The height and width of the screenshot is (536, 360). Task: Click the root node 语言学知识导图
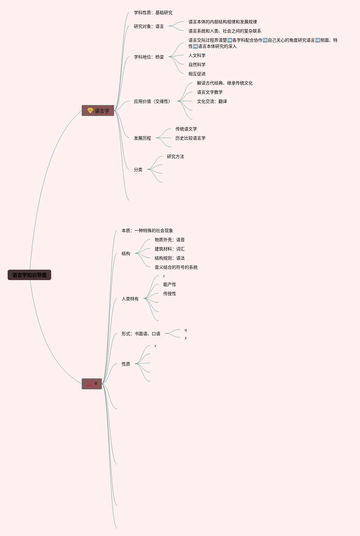29,275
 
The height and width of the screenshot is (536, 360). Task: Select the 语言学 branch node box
98,111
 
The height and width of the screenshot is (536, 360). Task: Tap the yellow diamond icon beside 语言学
90,110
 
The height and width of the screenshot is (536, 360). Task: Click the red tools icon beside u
90,384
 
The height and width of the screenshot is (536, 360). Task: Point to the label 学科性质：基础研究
153,13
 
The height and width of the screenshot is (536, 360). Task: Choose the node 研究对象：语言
149,26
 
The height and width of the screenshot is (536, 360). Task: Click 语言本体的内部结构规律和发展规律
222,22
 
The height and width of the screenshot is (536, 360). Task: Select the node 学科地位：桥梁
149,57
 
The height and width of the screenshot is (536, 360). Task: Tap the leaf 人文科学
197,55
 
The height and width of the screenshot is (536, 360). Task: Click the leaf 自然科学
197,65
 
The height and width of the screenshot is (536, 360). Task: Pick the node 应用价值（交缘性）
152,101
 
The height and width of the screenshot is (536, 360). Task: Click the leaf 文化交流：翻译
212,101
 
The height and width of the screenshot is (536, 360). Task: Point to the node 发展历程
142,138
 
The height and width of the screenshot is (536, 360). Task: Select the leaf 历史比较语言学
190,138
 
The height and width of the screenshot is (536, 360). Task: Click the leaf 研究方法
175,156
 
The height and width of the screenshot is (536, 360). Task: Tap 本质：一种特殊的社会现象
147,231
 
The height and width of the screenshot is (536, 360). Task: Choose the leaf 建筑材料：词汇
169,249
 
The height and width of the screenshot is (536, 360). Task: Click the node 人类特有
130,299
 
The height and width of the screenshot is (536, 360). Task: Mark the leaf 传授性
169,294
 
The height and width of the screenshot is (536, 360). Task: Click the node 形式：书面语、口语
141,334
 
